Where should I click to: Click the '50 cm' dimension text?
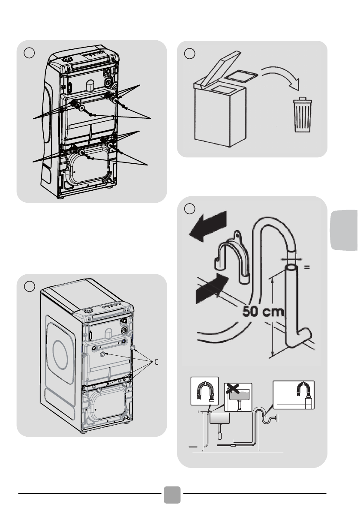tap(263, 312)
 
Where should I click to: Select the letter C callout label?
tap(156, 362)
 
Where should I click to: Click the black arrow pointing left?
tap(208, 226)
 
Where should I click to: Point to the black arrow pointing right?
tap(213, 288)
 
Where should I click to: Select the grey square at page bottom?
tap(172, 495)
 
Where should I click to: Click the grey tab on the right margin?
tap(345, 230)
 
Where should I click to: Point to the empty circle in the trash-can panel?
tap(189, 53)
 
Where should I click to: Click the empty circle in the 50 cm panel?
tap(189, 208)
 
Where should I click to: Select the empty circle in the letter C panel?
tap(30, 286)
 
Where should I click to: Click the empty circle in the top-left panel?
tap(29, 53)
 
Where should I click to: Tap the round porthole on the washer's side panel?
tap(60, 355)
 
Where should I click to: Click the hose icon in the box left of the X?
tap(204, 391)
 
